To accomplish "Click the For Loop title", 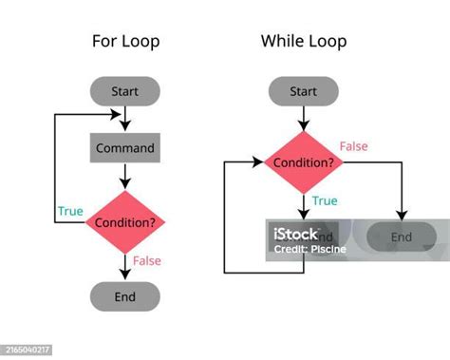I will (125, 41).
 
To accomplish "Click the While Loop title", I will (303, 41).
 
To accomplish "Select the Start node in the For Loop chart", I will (124, 91).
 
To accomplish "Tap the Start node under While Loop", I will (303, 91).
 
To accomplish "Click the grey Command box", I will (124, 148).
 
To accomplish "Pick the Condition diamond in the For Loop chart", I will (124, 222).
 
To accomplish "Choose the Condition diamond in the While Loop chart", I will (303, 162).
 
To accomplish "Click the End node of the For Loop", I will (124, 296).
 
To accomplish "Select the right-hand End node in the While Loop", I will (403, 237).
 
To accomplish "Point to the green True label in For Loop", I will (69, 211).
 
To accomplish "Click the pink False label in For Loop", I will (147, 260).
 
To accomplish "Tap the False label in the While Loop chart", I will (354, 146).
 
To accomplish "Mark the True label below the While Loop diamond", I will (325, 201).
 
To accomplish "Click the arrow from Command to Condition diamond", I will (124, 176).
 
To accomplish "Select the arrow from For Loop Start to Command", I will (124, 119).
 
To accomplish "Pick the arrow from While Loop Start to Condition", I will (303, 117).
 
